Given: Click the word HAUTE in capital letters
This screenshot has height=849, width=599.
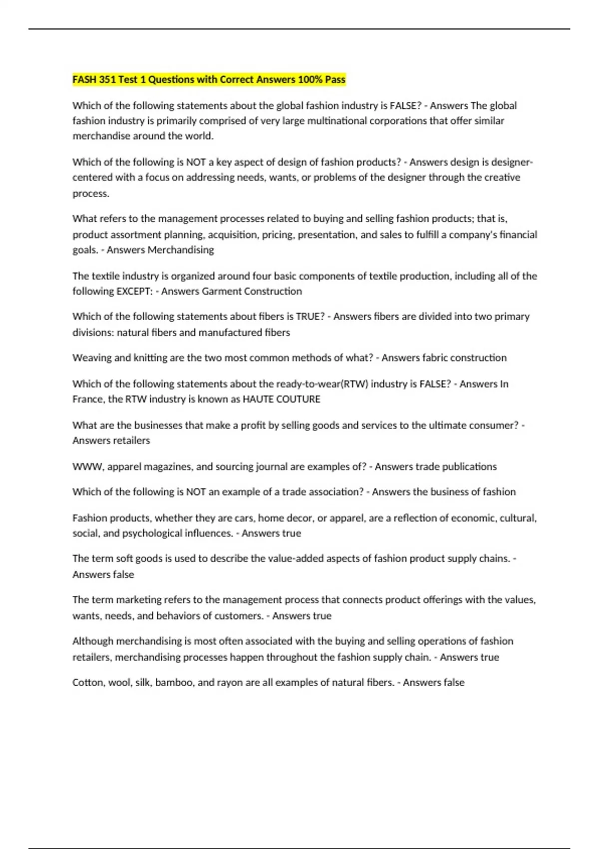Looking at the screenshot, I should coord(258,399).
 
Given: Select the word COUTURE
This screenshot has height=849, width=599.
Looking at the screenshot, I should coord(299,399).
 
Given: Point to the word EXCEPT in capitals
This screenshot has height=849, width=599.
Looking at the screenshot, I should coord(134,291).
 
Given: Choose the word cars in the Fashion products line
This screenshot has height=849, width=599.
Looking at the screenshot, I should coord(244,518).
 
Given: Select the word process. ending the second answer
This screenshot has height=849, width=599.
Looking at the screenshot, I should coord(90,193).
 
